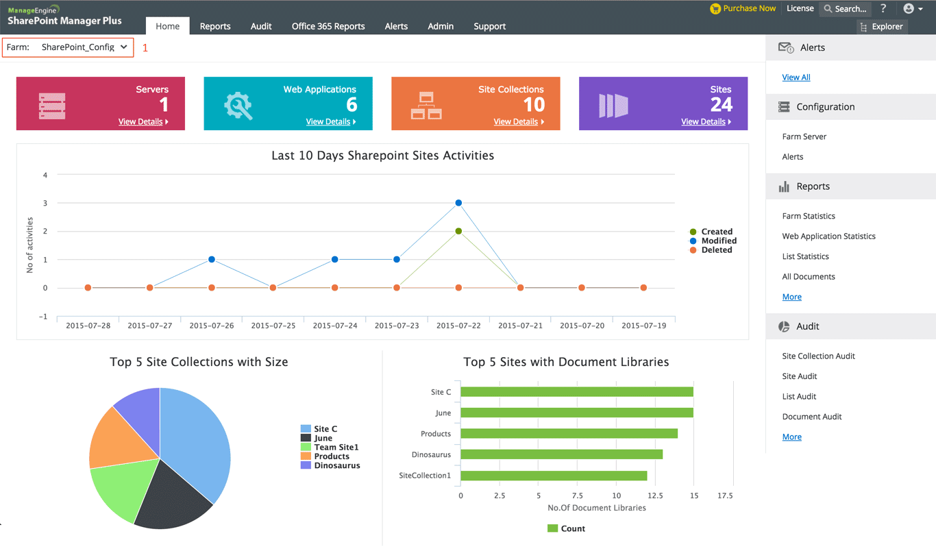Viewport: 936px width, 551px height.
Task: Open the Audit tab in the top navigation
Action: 260,26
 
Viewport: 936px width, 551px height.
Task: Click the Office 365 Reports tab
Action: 328,26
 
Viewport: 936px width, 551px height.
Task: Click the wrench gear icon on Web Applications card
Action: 238,106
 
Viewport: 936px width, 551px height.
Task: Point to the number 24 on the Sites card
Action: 721,104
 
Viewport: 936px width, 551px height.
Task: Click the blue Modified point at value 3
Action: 458,203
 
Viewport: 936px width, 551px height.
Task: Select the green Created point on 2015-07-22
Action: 458,231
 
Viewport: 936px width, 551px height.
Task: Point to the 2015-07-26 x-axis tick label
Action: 211,326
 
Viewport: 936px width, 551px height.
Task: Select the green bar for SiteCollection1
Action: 554,476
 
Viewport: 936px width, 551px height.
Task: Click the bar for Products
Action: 569,434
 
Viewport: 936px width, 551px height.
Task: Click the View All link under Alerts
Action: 796,77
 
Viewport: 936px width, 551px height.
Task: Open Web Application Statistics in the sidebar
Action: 828,236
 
